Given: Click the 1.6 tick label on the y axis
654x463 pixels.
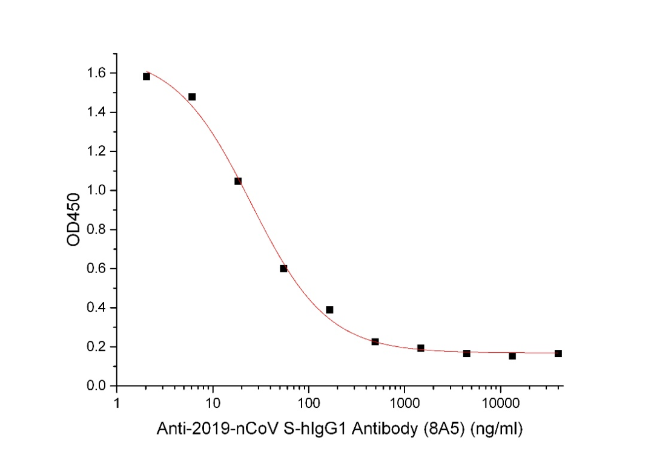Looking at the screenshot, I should pos(97,73).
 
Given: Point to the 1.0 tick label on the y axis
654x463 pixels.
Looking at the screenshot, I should pos(97,191).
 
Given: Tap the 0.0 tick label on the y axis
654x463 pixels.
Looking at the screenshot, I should pos(97,386).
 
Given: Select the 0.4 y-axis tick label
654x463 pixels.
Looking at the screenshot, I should pos(97,308).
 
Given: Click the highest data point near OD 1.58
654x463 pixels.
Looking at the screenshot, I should pos(147,76).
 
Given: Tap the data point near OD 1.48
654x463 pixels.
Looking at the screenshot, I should pos(192,97).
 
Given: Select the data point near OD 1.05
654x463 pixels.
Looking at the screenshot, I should pos(238,181).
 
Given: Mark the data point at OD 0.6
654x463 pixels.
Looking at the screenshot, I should pos(283,268).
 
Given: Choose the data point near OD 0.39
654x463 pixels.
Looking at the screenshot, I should pos(329,310).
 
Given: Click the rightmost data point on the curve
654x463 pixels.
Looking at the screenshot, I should pos(558,353).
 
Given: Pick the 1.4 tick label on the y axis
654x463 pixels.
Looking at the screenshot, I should pos(97,113).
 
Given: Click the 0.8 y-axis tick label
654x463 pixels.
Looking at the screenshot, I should pos(97,230).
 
